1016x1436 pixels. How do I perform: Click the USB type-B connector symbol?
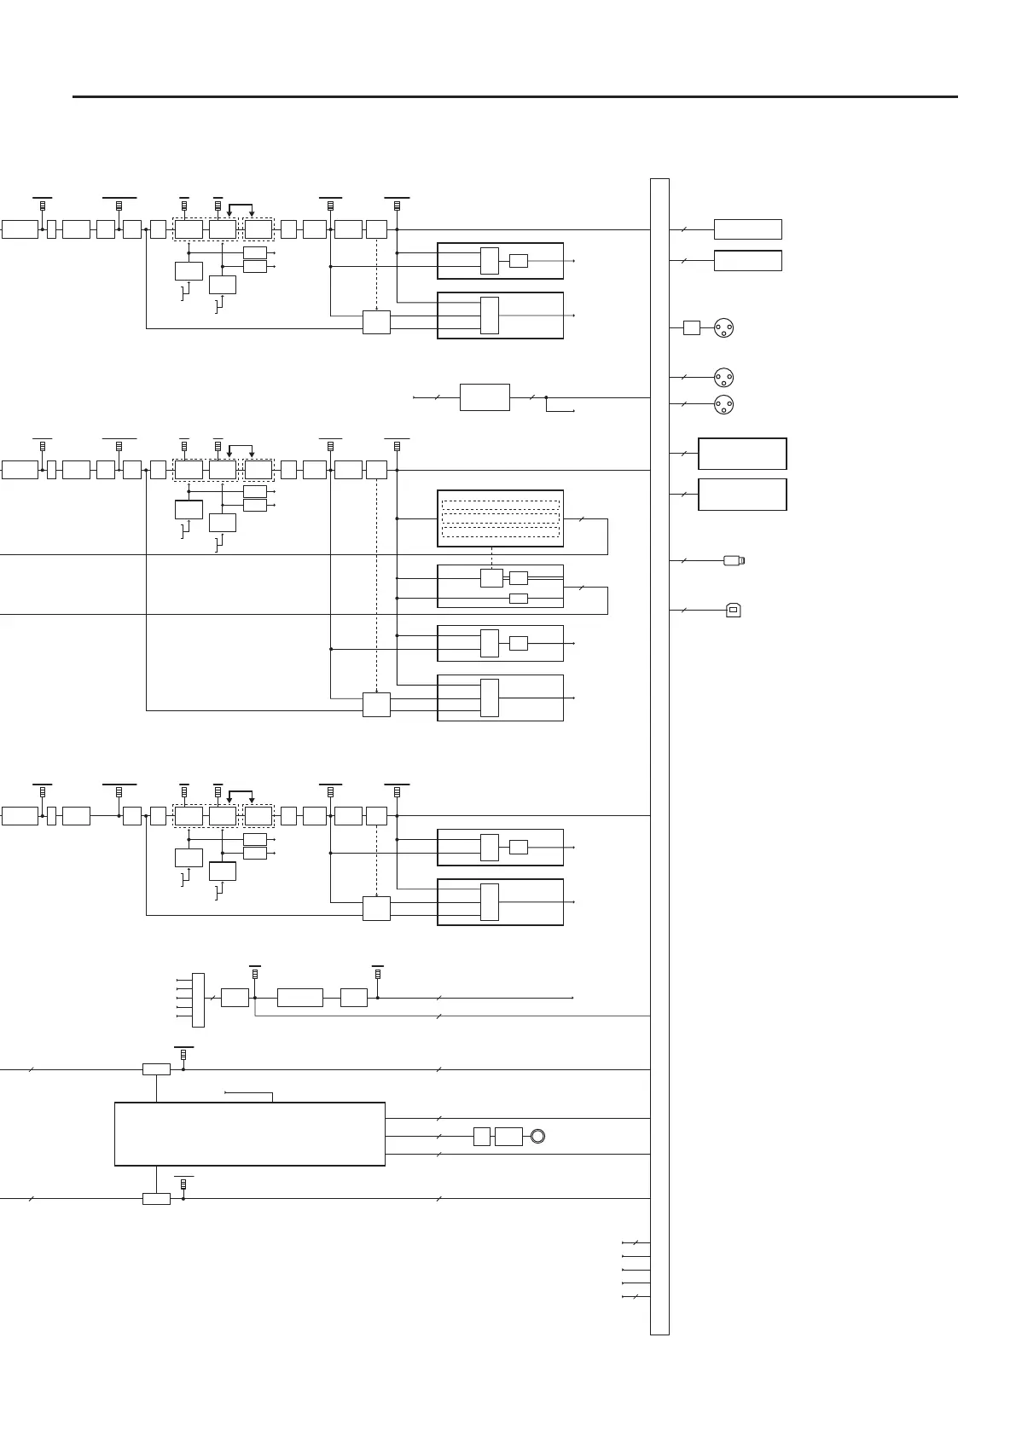(x=732, y=610)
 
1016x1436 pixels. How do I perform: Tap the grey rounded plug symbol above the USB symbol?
(x=734, y=560)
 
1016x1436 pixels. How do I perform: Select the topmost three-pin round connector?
(x=724, y=327)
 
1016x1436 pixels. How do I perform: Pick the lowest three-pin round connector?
(x=724, y=404)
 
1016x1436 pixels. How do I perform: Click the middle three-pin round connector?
(x=724, y=376)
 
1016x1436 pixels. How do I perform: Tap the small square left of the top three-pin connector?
(x=692, y=327)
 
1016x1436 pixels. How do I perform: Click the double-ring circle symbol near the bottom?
(x=537, y=1136)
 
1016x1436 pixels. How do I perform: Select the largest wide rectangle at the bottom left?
(x=249, y=1133)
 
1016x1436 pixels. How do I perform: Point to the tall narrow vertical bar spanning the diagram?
(x=659, y=756)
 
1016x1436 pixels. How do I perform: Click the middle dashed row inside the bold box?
(x=500, y=518)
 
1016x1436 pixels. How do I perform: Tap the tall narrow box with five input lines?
(x=199, y=999)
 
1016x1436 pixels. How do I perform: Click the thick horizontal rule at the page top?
(x=514, y=96)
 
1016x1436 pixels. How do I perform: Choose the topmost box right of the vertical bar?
(x=747, y=229)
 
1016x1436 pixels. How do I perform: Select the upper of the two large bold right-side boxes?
(x=742, y=454)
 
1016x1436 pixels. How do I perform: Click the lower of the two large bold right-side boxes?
(x=742, y=495)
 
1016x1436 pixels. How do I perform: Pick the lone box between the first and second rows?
(x=485, y=397)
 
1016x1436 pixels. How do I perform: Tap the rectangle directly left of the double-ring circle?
(x=508, y=1136)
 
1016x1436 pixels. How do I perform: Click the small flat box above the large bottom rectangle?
(x=156, y=1069)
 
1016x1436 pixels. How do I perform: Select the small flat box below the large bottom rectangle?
(x=156, y=1198)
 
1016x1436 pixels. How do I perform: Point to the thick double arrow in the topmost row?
(x=240, y=206)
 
